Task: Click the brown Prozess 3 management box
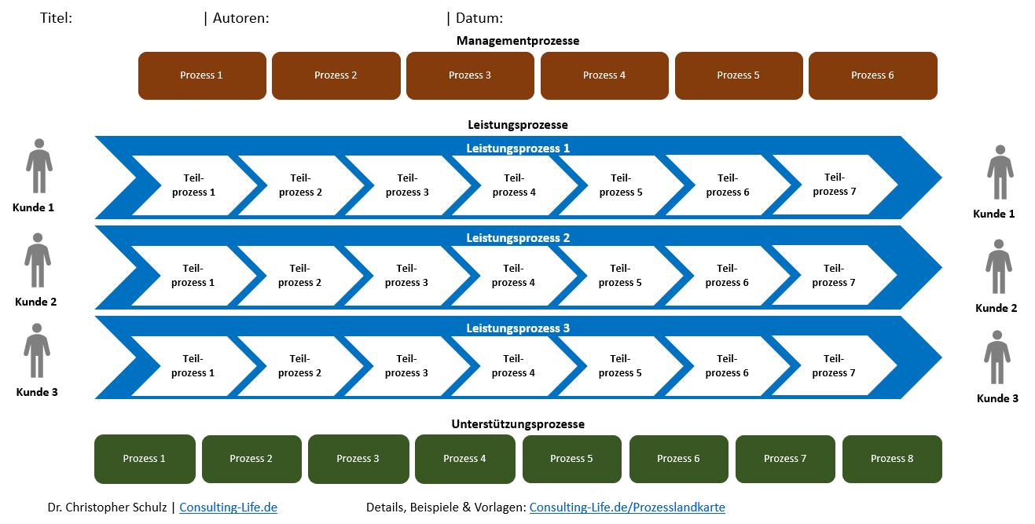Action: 470,75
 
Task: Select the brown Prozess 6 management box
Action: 872,75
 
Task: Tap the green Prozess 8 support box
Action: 892,459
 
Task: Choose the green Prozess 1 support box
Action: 145,459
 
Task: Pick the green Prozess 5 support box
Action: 571,459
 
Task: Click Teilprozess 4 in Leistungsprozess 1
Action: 514,185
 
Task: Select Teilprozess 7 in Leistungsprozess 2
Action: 833,276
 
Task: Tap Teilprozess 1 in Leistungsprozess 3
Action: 193,366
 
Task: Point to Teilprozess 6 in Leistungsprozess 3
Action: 727,366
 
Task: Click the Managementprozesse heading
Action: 518,41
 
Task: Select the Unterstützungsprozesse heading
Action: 518,424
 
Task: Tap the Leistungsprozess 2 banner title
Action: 518,238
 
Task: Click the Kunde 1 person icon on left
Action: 39,166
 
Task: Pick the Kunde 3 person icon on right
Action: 996,357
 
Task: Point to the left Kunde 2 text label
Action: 35,302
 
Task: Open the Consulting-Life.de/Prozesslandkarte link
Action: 626,508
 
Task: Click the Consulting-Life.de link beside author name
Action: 228,508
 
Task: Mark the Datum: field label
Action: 479,18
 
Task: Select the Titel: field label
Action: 56,18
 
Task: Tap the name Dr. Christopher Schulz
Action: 108,508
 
